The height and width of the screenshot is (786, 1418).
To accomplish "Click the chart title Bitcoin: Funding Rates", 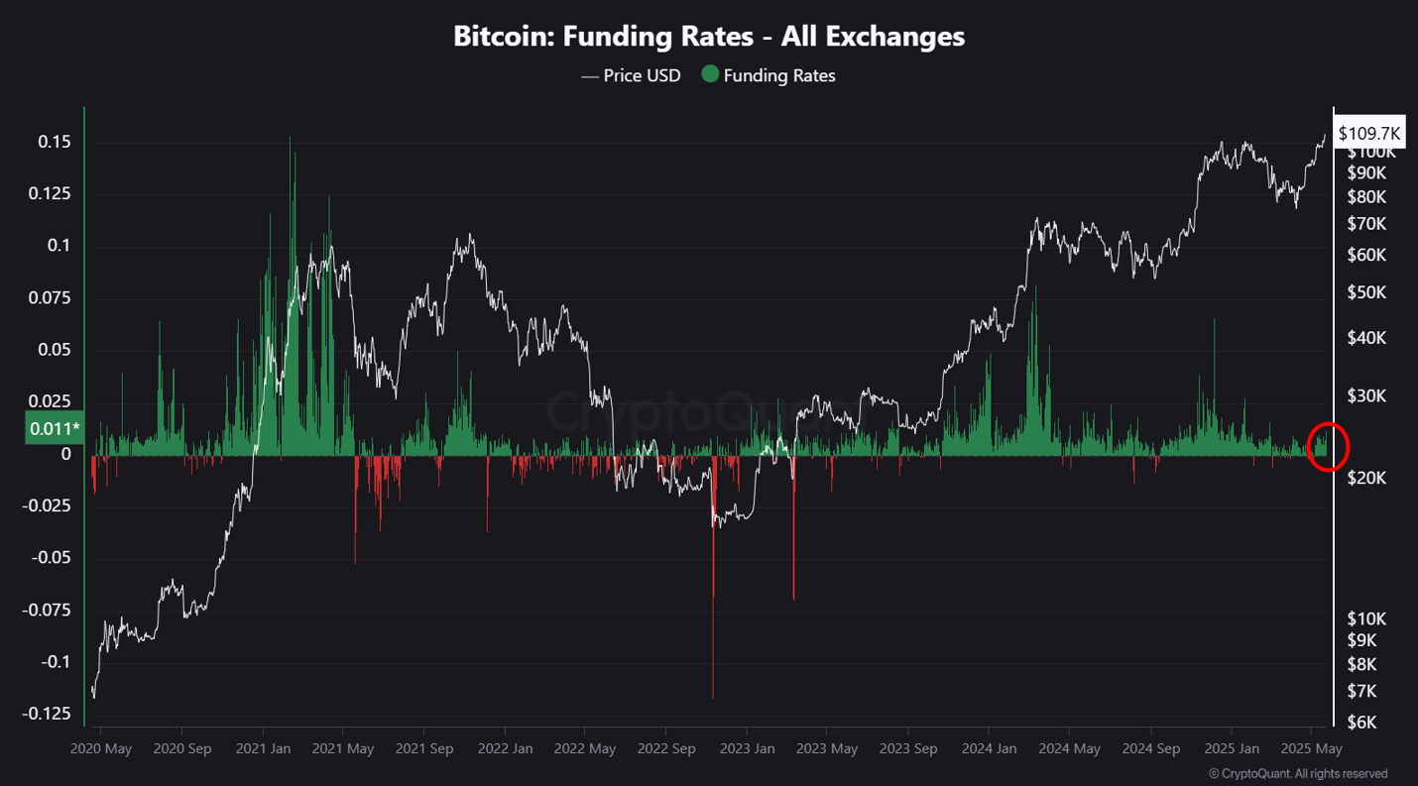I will [708, 37].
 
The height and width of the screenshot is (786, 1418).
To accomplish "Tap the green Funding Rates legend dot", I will [710, 75].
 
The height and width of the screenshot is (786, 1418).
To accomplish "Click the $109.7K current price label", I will [1368, 133].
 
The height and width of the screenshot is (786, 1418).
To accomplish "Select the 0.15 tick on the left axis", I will [55, 143].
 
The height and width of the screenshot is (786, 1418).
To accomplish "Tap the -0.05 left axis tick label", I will [51, 558].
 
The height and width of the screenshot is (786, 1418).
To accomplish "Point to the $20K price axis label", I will [1366, 478].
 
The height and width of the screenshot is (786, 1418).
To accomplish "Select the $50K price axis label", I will [1366, 292].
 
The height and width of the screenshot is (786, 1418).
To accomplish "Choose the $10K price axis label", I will [1366, 618].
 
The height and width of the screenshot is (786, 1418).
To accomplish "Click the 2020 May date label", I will [101, 749].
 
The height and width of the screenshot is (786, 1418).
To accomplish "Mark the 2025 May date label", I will [1310, 749].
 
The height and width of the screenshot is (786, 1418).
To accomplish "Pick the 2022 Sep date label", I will [666, 749].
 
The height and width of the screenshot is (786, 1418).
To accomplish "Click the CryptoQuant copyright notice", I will [1298, 774].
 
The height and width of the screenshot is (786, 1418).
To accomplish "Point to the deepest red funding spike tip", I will [713, 697].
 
